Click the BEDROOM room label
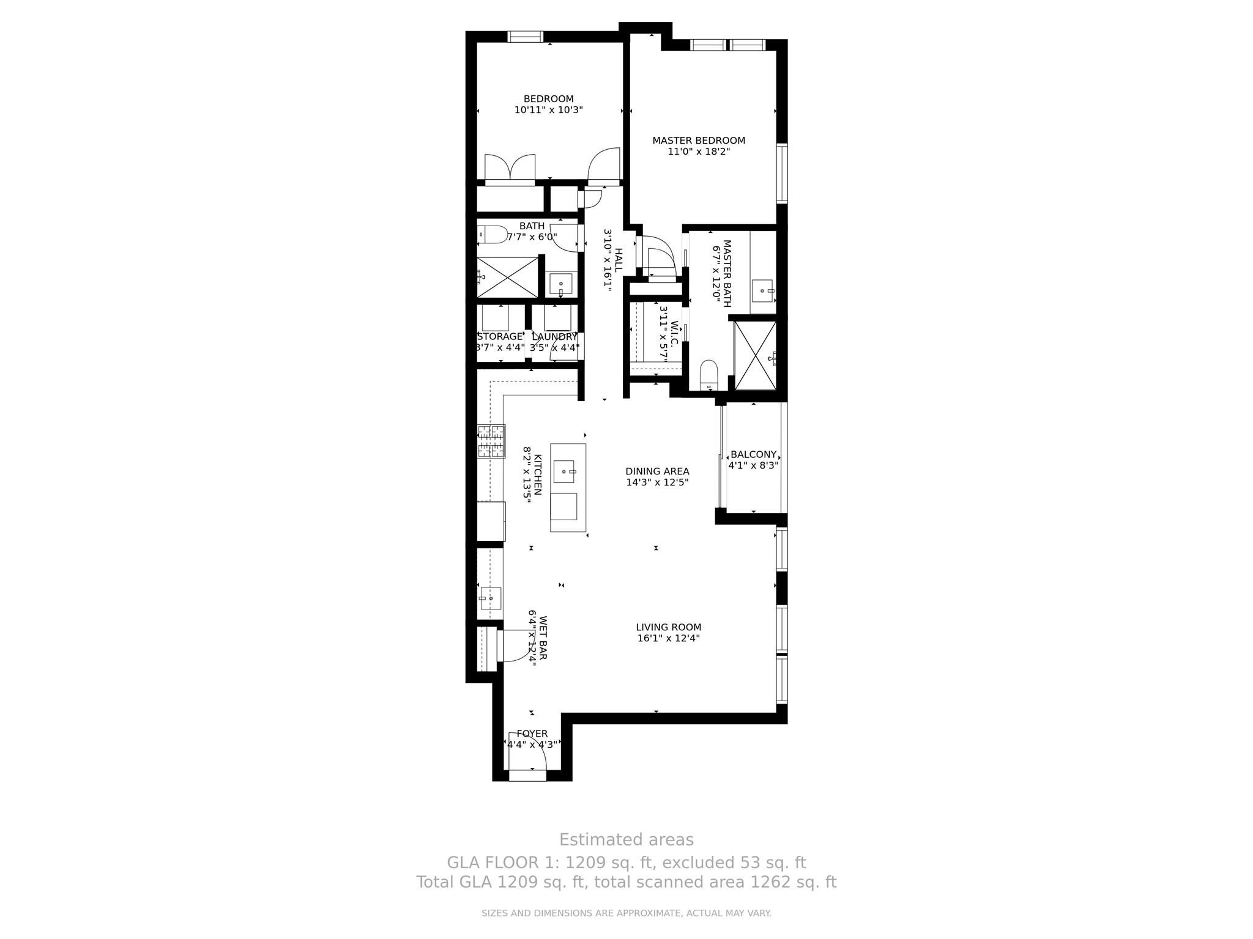point(548,99)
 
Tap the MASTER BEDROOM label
point(699,141)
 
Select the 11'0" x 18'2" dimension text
point(699,152)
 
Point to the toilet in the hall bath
point(493,234)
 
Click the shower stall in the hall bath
point(507,278)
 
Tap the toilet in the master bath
point(708,374)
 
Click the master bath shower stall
point(755,355)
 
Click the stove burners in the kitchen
point(492,441)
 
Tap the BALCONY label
point(753,455)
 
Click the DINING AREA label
point(657,471)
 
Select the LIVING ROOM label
point(668,627)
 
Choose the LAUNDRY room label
point(554,337)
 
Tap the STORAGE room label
point(500,337)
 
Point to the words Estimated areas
point(626,839)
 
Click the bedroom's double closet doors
point(510,168)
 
